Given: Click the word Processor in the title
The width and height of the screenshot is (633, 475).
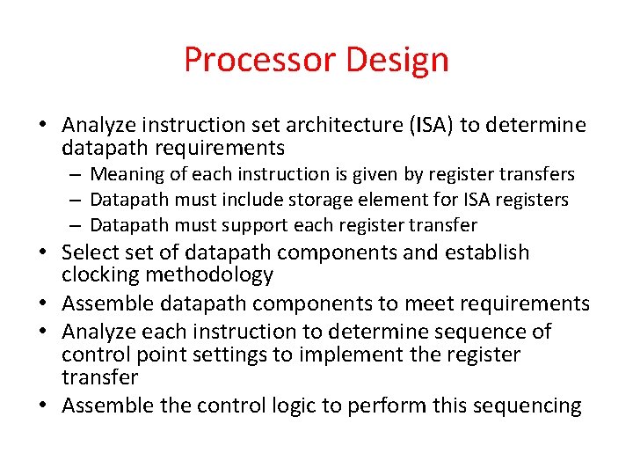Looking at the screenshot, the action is click(259, 60).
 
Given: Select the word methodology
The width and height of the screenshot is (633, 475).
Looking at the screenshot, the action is click(210, 275).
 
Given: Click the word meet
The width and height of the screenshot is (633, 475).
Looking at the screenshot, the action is click(426, 303).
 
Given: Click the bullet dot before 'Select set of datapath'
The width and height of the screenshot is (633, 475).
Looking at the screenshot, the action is click(49, 253).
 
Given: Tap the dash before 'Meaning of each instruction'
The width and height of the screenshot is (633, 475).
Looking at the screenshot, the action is click(77, 174).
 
